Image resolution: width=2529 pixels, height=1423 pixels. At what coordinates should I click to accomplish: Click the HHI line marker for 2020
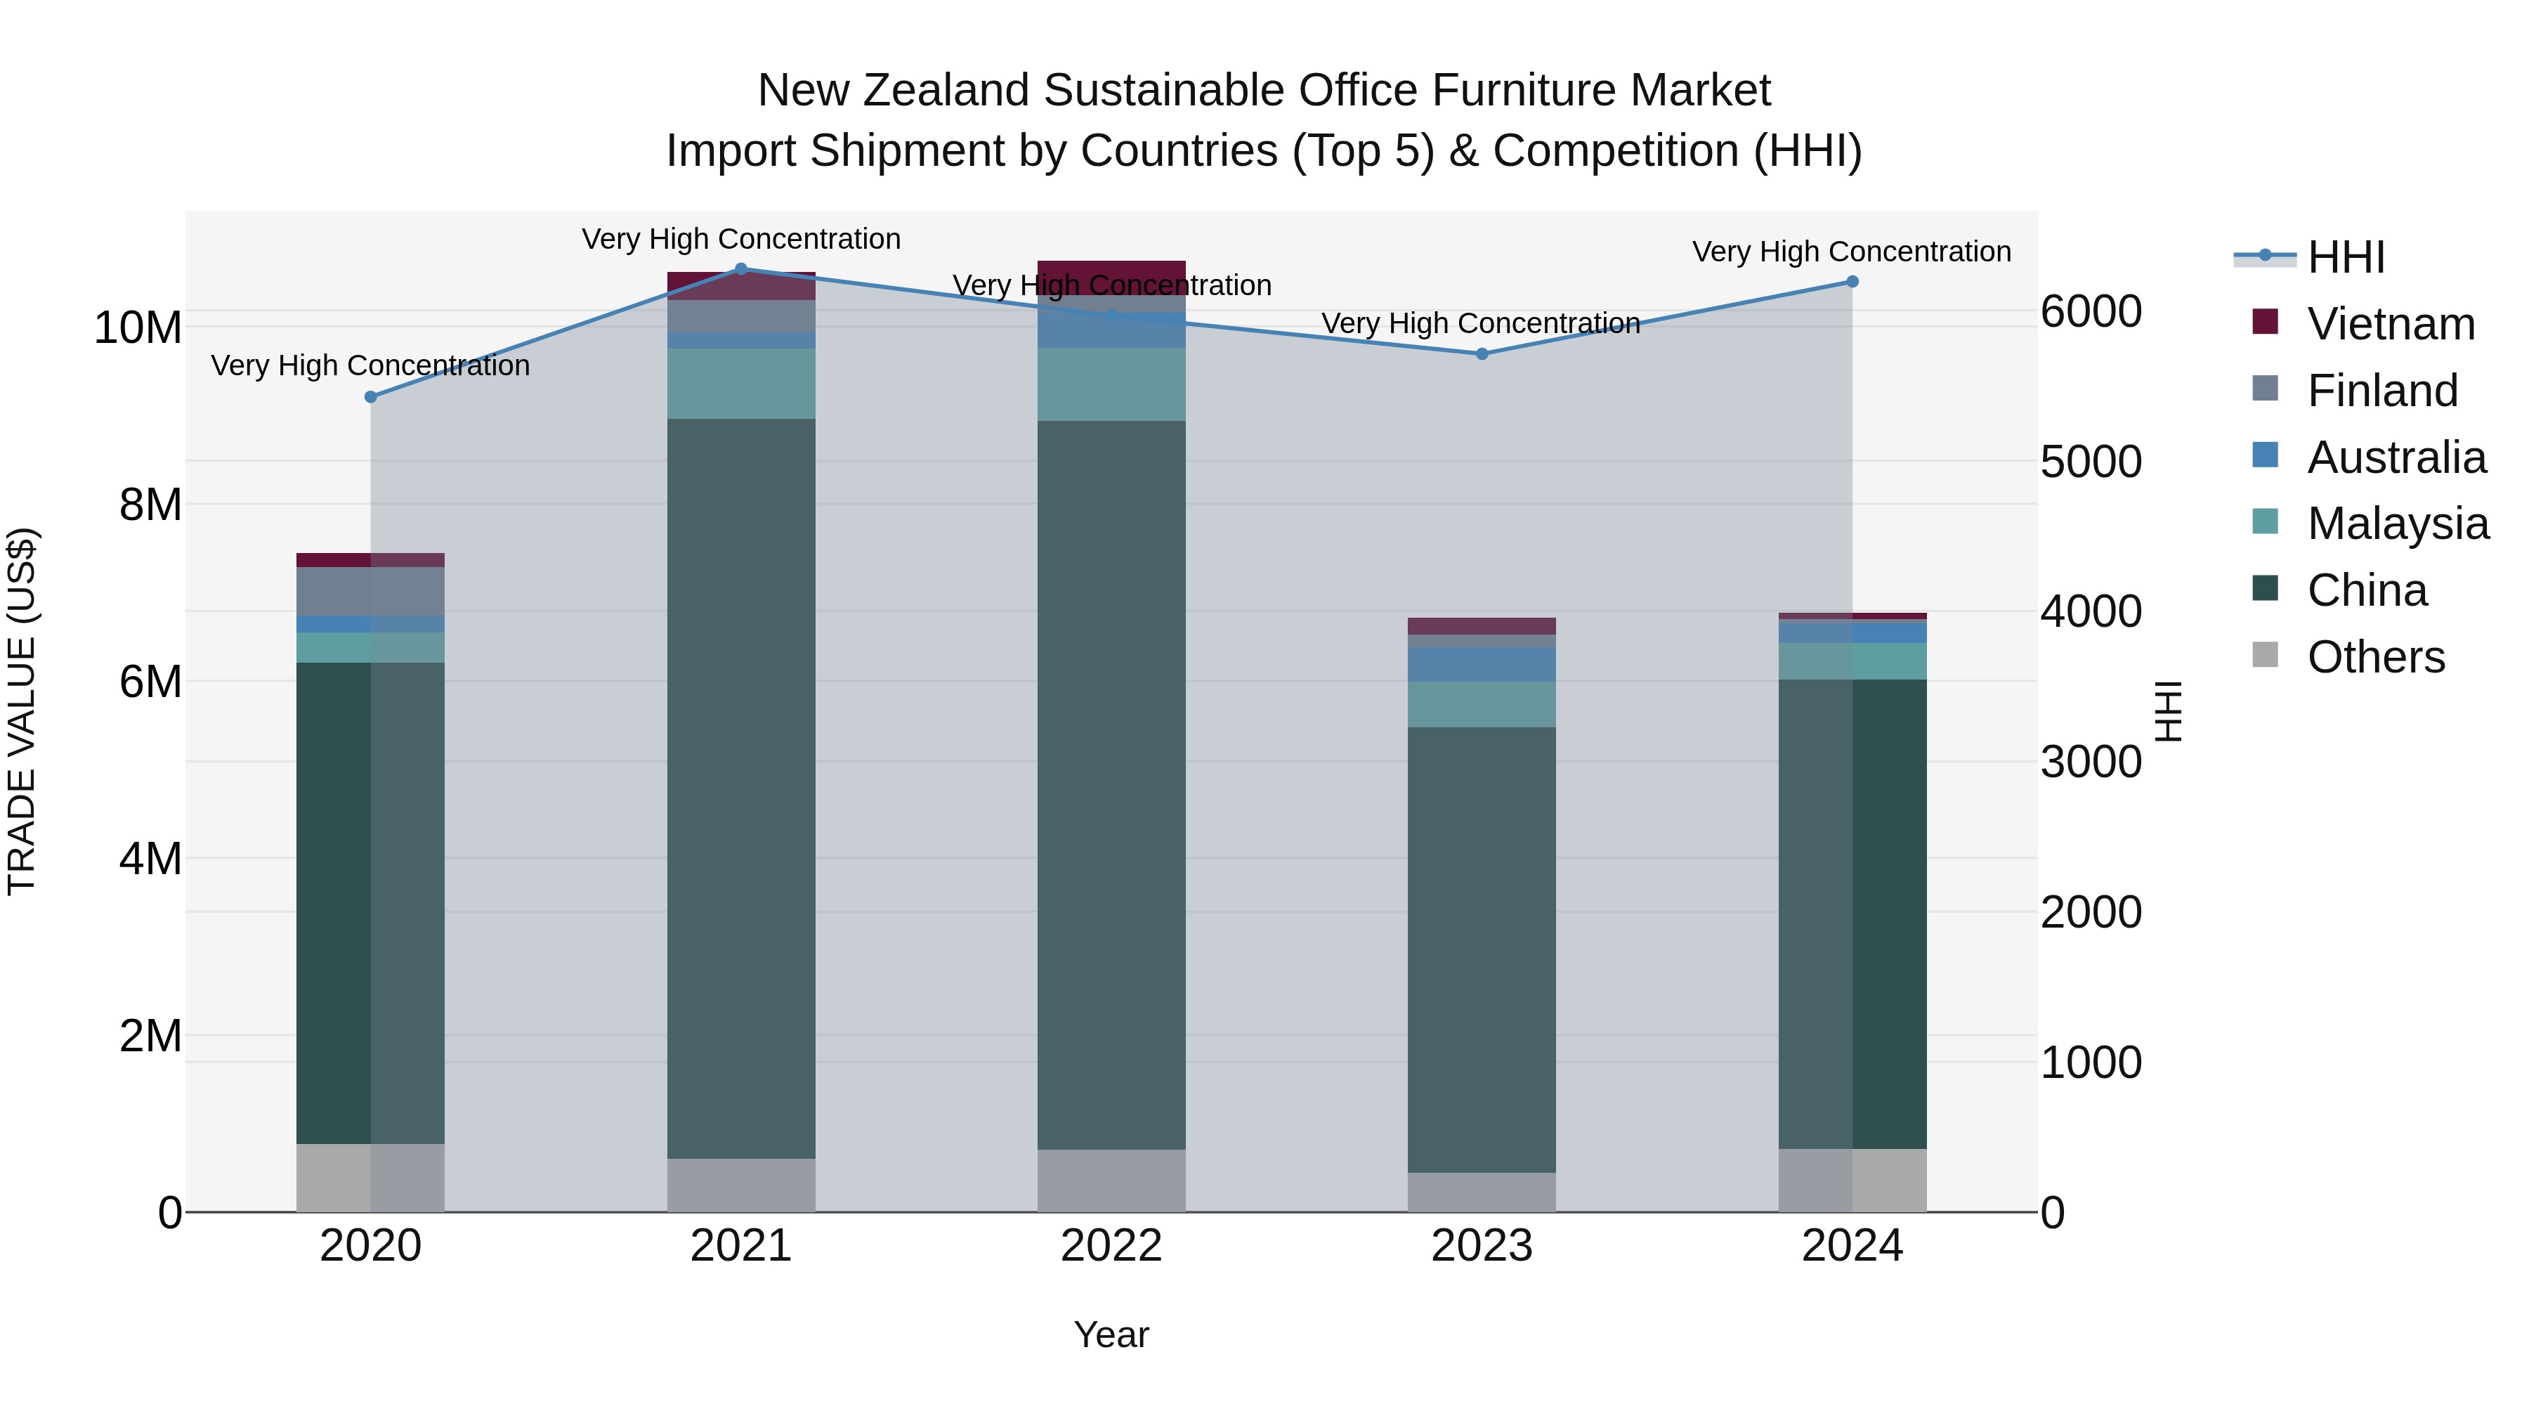(x=370, y=397)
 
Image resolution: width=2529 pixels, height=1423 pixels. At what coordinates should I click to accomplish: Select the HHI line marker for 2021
(x=741, y=268)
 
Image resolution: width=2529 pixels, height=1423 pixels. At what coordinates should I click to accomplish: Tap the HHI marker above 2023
(x=1482, y=353)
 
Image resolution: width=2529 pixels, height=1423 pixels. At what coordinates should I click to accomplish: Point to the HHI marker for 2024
(x=1852, y=282)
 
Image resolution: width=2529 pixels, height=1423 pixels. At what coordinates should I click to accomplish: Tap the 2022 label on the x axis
(x=1111, y=1246)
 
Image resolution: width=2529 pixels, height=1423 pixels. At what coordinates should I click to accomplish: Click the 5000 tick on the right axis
(x=2090, y=462)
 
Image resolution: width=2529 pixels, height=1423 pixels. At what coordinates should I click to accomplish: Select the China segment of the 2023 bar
(x=1482, y=949)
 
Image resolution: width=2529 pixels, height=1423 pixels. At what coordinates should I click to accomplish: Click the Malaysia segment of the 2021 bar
(x=741, y=383)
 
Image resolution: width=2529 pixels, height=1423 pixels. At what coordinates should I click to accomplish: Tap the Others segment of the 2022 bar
(x=1111, y=1181)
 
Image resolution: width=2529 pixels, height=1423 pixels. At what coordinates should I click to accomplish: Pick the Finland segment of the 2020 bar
(x=370, y=591)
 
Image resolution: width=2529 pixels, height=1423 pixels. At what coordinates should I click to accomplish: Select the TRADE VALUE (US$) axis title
(x=22, y=711)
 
